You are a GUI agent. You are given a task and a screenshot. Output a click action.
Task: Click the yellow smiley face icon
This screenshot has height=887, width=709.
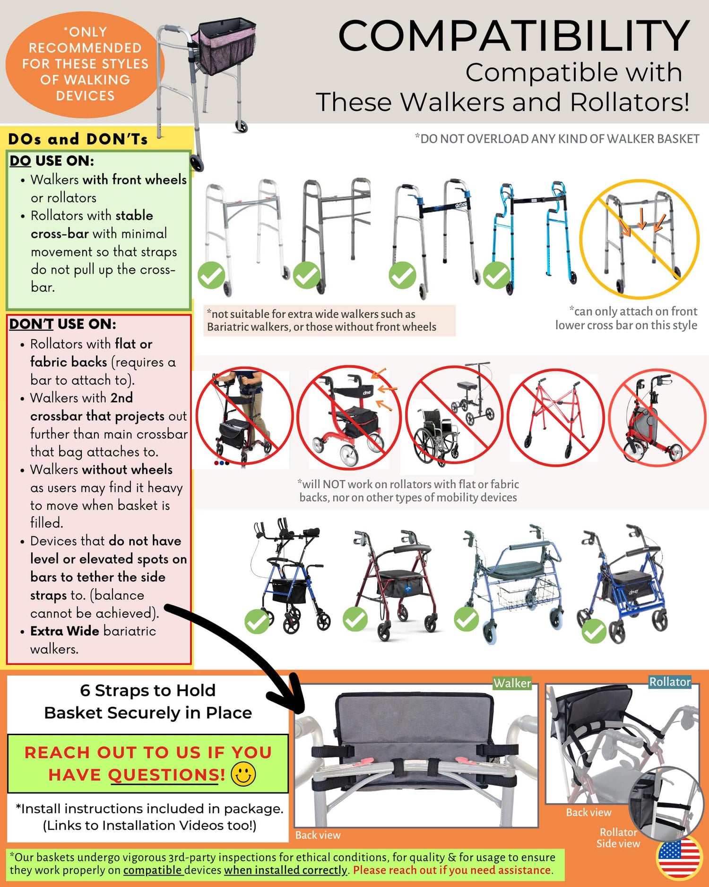pyautogui.click(x=243, y=774)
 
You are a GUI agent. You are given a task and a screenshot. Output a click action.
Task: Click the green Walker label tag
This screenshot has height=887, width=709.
pyautogui.click(x=512, y=683)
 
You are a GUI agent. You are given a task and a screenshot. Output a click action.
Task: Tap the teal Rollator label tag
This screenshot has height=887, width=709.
pyautogui.click(x=670, y=682)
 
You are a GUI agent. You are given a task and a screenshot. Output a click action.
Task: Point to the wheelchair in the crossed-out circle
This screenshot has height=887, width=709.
pyautogui.click(x=436, y=437)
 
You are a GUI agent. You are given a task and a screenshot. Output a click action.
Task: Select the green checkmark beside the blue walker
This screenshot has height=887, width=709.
pyautogui.click(x=496, y=275)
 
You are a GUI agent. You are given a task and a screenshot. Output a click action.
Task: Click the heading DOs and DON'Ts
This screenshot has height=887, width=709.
pyautogui.click(x=78, y=139)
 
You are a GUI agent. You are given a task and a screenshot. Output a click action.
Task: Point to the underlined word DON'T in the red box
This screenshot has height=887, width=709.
pyautogui.click(x=31, y=324)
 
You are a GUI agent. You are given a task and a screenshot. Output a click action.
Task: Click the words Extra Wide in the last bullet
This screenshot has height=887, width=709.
pyautogui.click(x=65, y=631)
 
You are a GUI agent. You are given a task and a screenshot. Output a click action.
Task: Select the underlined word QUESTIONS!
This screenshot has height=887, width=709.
pyautogui.click(x=167, y=775)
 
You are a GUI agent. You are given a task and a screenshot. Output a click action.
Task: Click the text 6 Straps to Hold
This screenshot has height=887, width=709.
pyautogui.click(x=148, y=690)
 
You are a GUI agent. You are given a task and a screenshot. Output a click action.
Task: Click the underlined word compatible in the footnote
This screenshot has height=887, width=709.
pyautogui.click(x=153, y=870)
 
